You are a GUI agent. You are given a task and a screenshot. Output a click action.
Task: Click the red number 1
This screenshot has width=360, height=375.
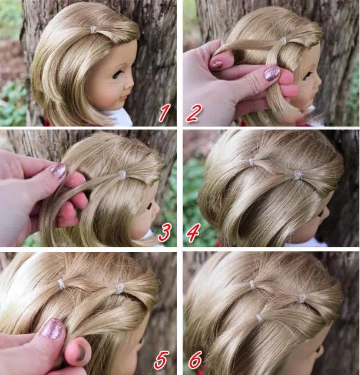(164, 112)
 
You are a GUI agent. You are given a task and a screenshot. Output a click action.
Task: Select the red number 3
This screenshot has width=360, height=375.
(165, 232)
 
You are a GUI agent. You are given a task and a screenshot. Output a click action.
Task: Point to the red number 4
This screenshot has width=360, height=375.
(193, 233)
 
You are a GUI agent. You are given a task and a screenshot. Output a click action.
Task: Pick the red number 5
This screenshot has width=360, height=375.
(161, 360)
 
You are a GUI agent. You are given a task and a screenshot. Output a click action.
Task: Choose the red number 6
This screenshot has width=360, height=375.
(196, 360)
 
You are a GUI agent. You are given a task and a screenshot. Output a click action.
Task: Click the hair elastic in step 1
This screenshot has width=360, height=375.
(93, 29)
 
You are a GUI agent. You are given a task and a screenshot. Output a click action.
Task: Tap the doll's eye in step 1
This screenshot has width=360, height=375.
(117, 74)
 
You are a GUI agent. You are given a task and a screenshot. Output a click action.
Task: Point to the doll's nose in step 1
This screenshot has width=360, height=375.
(131, 84)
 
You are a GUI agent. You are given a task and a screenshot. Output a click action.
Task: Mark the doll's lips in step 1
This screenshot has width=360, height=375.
(125, 98)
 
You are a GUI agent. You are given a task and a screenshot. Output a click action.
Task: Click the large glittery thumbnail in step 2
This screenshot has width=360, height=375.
(272, 72)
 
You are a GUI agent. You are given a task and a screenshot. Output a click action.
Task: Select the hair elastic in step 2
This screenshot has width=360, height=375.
(283, 41)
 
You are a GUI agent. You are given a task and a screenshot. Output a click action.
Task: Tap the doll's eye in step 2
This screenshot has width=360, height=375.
(308, 77)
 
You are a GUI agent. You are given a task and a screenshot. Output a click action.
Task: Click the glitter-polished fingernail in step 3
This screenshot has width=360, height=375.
(58, 171)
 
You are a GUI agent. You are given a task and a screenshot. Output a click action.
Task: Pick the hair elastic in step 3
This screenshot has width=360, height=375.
(123, 174)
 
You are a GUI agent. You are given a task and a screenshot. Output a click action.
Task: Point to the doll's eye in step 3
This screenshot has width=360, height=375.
(150, 205)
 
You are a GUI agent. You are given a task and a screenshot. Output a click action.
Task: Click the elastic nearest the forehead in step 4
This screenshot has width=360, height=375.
(297, 175)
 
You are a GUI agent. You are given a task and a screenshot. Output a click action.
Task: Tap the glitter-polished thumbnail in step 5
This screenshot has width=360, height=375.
(52, 328)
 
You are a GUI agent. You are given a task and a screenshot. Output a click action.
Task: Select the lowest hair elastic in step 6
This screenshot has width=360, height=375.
(259, 318)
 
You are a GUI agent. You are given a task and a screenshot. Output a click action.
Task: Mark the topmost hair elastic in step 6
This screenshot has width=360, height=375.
(253, 284)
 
